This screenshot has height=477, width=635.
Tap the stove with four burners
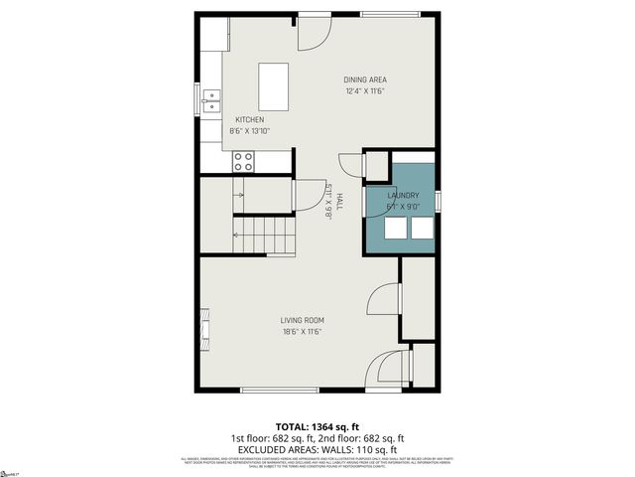[243, 160]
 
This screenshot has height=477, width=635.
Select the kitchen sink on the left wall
[212, 99]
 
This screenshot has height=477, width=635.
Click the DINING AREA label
[365, 79]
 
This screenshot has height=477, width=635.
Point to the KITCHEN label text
[249, 119]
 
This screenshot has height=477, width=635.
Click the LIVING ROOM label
[302, 320]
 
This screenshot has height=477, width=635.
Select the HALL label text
[338, 201]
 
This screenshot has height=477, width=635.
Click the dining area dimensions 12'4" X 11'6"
[365, 91]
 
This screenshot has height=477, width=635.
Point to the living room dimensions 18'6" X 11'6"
[302, 332]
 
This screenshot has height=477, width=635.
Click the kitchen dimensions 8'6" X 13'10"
[250, 130]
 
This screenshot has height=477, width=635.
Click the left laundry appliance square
[395, 228]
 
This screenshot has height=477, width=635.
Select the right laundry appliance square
[422, 228]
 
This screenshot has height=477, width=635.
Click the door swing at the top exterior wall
[315, 33]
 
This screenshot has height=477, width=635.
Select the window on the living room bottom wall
[266, 390]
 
